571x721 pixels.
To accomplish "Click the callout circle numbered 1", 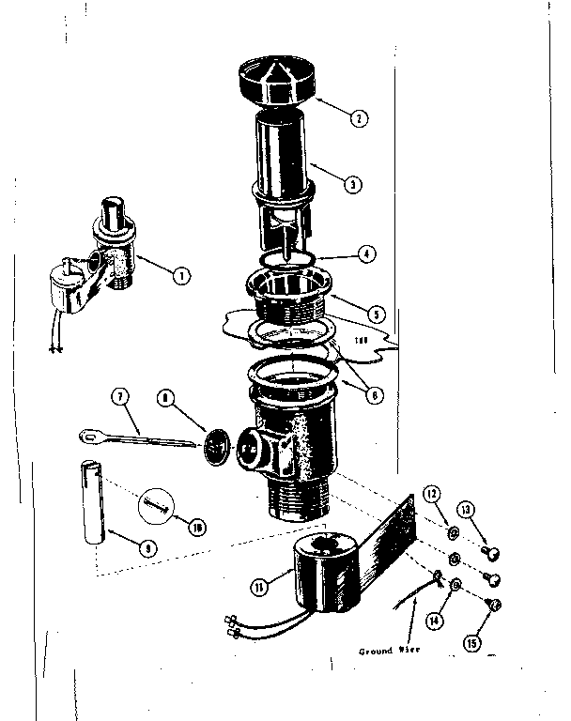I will (x=180, y=275).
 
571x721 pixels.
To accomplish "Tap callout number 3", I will (x=351, y=185).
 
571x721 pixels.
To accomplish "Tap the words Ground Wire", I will (x=389, y=650).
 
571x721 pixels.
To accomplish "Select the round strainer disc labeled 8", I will (x=218, y=442).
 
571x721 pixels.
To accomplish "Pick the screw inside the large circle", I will (x=157, y=508).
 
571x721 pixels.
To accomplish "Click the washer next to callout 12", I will (x=452, y=535).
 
